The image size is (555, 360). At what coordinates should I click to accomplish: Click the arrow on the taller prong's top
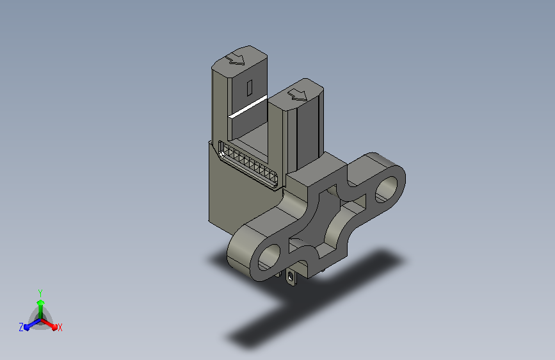(x=236, y=59)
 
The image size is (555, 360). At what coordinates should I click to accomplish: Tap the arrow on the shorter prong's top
(x=297, y=95)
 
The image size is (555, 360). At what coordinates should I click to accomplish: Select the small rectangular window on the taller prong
(x=250, y=88)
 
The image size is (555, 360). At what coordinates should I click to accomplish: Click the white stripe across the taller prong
(x=248, y=106)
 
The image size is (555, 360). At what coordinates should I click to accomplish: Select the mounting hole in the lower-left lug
(x=269, y=258)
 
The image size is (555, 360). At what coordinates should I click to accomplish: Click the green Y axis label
(x=40, y=293)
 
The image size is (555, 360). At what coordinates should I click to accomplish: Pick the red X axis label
(x=60, y=328)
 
